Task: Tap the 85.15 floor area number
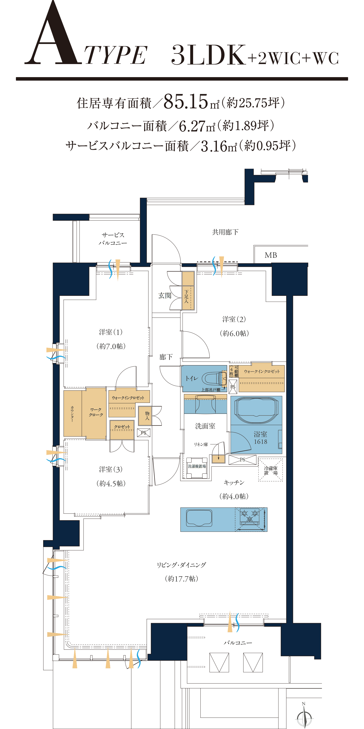(x=186, y=101)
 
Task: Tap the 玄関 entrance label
(x=165, y=295)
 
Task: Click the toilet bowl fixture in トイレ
(x=215, y=378)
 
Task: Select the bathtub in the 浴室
(x=257, y=410)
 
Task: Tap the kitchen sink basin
(x=199, y=518)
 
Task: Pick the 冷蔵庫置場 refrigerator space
(x=270, y=470)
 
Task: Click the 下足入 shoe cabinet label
(x=186, y=297)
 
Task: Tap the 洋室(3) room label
(x=111, y=470)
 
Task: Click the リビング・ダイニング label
(x=181, y=565)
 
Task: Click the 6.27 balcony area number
(x=192, y=126)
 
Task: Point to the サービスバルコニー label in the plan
(x=113, y=239)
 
